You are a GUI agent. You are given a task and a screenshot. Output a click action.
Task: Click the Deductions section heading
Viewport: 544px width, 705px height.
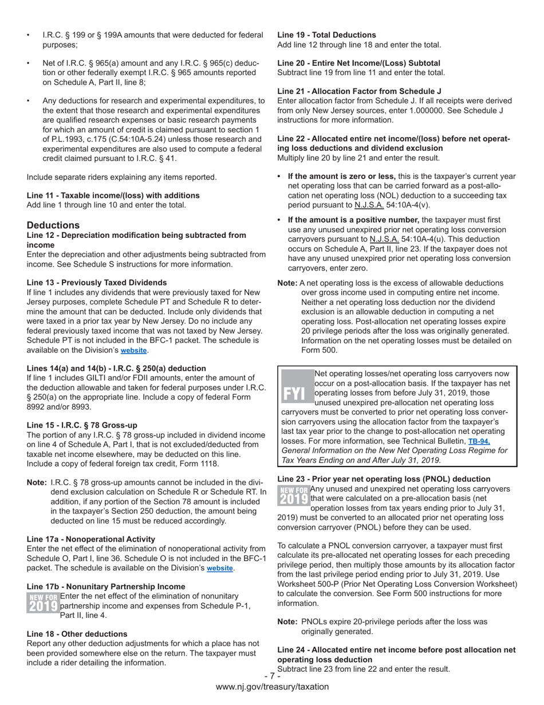[53, 225]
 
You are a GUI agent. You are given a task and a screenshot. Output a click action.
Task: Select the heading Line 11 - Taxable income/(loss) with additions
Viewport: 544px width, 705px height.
[113, 195]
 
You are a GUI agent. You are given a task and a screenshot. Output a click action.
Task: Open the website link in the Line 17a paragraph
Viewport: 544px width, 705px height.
[220, 568]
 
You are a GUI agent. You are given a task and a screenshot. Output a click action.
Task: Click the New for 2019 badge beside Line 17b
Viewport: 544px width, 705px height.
[43, 602]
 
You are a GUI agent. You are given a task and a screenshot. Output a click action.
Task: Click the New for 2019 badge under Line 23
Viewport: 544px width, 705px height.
[293, 495]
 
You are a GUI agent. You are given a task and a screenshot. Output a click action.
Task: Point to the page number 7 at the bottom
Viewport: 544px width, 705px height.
[272, 676]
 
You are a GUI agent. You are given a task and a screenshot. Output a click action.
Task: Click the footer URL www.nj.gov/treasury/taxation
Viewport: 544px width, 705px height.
[272, 687]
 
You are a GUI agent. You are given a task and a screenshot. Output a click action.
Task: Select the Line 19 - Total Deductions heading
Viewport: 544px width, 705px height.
[327, 35]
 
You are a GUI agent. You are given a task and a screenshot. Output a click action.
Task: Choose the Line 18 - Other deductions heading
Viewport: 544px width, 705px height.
[77, 634]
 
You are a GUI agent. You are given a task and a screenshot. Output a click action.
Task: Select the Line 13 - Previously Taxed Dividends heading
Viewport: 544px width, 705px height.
[97, 283]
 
